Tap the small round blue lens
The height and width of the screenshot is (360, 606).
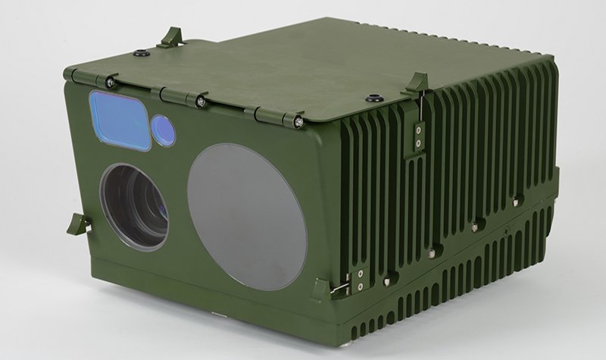point(163,130)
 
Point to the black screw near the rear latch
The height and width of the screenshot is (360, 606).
point(142,54)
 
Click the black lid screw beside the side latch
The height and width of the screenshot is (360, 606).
point(372,98)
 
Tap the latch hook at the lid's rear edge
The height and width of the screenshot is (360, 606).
point(173,36)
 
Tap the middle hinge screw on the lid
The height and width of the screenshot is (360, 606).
point(201,101)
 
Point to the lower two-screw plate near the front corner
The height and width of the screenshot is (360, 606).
point(359,280)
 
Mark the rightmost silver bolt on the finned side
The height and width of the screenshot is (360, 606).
point(517,202)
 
